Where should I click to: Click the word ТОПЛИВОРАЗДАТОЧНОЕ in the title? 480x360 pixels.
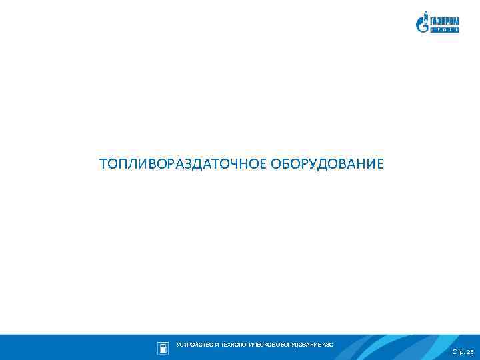[x=183, y=164]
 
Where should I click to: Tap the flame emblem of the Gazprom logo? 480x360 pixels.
[x=422, y=23]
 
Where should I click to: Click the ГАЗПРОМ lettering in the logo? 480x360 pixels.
[x=445, y=20]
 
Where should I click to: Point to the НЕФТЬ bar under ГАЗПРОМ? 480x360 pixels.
[x=445, y=30]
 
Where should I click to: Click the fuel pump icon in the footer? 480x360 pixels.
[x=162, y=347]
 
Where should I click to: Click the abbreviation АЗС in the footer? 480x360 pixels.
[x=328, y=345]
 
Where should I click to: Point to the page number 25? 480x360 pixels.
[x=469, y=351]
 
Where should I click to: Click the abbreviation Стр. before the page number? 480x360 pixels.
[x=458, y=351]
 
